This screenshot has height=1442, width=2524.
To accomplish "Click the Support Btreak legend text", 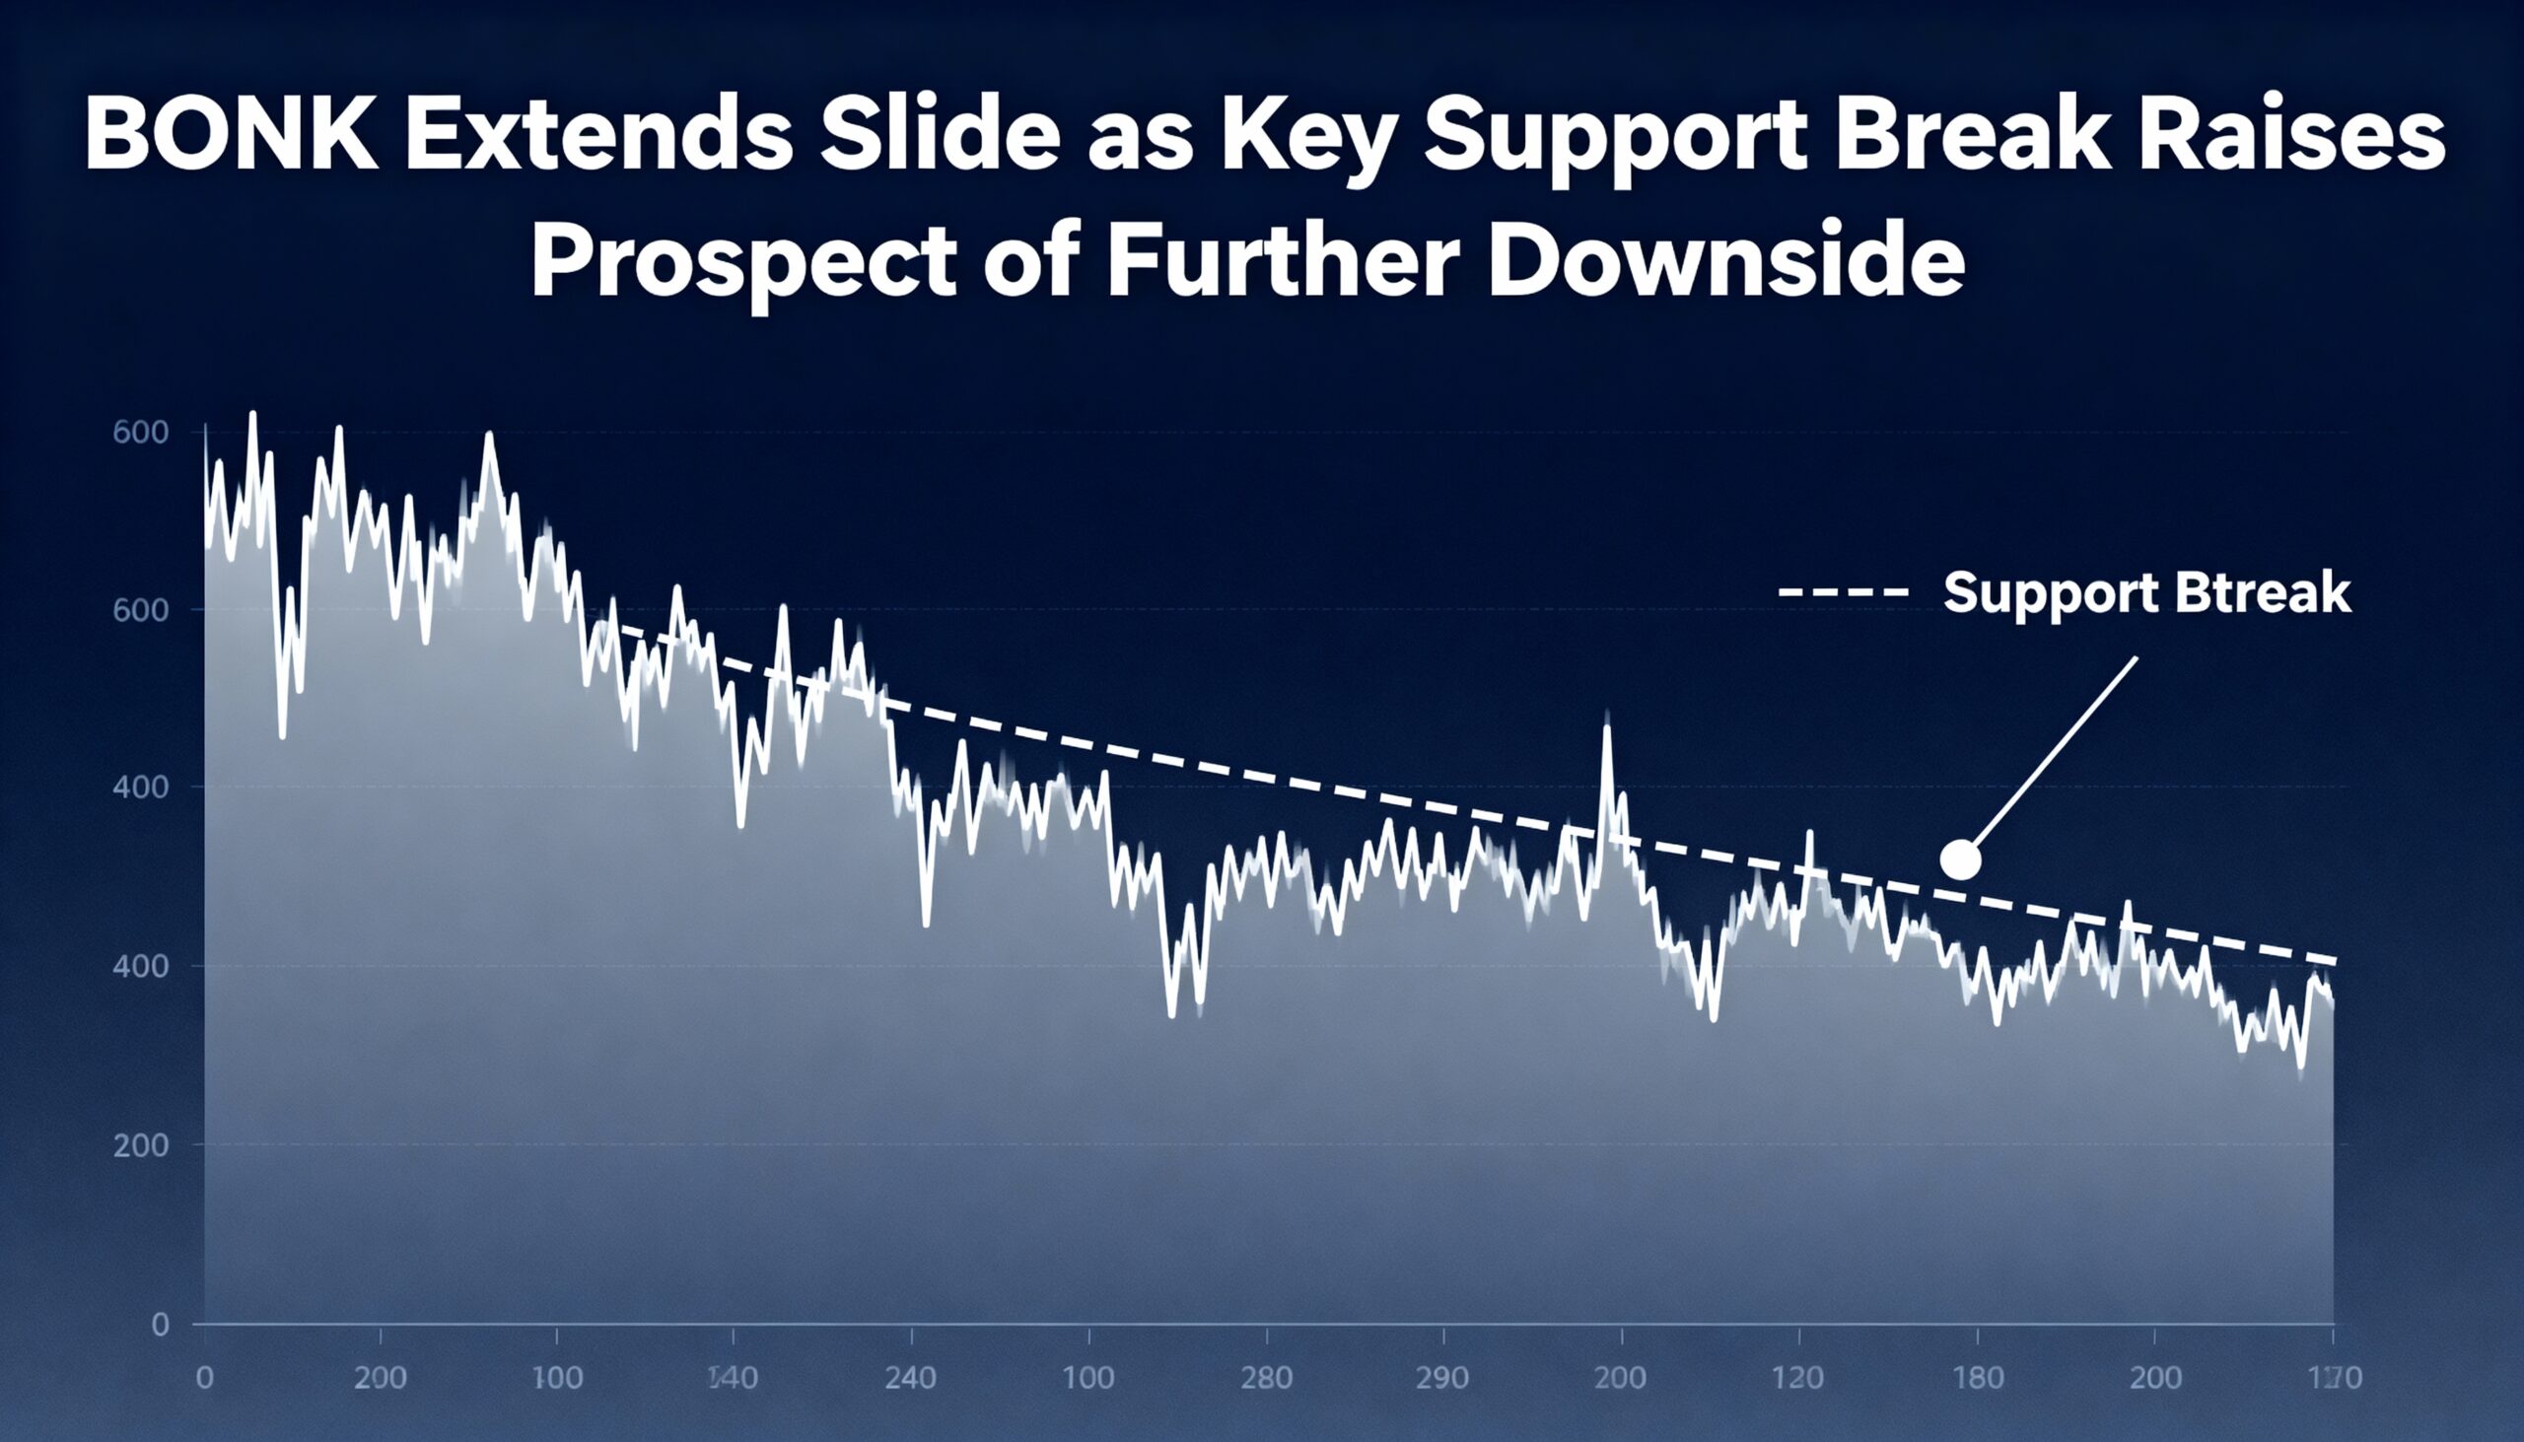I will pyautogui.click(x=2146, y=593).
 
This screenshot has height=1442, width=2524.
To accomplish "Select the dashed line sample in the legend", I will pyautogui.click(x=1844, y=592).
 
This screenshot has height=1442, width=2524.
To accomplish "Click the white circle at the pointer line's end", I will pyautogui.click(x=1960, y=858).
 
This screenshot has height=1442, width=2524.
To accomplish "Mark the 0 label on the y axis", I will pyautogui.click(x=160, y=1325).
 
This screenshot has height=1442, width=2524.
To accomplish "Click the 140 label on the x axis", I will pyautogui.click(x=733, y=1378).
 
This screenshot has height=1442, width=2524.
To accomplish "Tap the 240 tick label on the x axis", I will pyautogui.click(x=910, y=1378).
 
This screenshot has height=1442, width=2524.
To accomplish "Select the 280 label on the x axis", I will pyautogui.click(x=1266, y=1378).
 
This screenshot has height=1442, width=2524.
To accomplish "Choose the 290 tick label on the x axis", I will pyautogui.click(x=1442, y=1378).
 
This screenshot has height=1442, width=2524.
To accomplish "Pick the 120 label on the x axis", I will pyautogui.click(x=1798, y=1378).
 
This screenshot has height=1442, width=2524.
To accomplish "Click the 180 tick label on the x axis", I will pyautogui.click(x=1977, y=1378).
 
